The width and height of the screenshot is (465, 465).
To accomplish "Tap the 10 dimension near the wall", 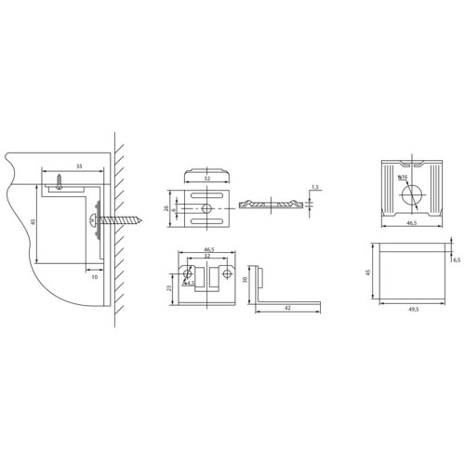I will tap(94, 275).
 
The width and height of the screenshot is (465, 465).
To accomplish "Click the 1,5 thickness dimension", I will tap(315, 187).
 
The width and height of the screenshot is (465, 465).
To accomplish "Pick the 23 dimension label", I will tap(168, 289).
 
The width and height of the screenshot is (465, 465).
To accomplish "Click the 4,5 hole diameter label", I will tap(193, 285).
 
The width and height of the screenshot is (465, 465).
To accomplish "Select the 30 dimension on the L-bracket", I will tap(245, 280).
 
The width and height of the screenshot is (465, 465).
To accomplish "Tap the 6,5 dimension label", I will tap(455, 259).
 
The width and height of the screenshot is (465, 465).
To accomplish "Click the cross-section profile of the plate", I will tap(272, 203).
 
